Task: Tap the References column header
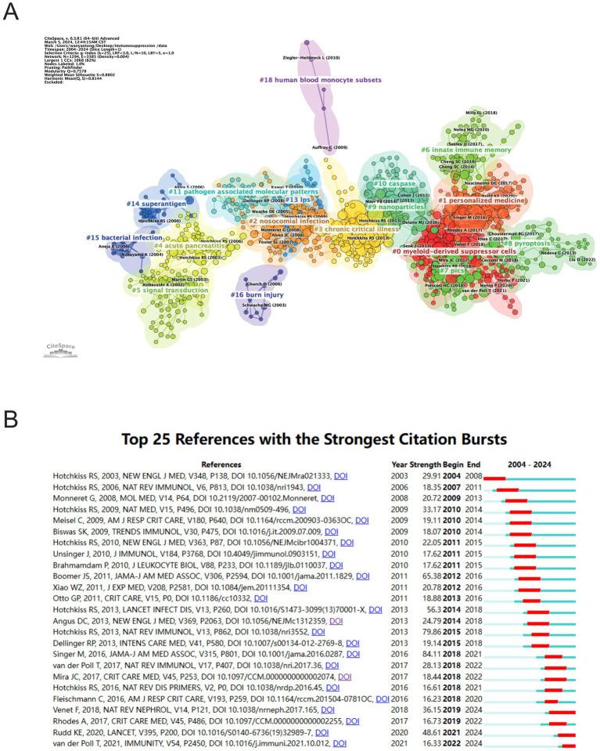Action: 221,464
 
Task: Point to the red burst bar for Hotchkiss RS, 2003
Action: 494,477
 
